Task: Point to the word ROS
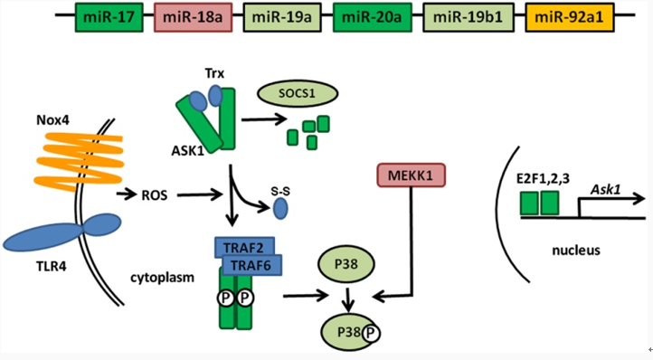[x=154, y=194]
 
